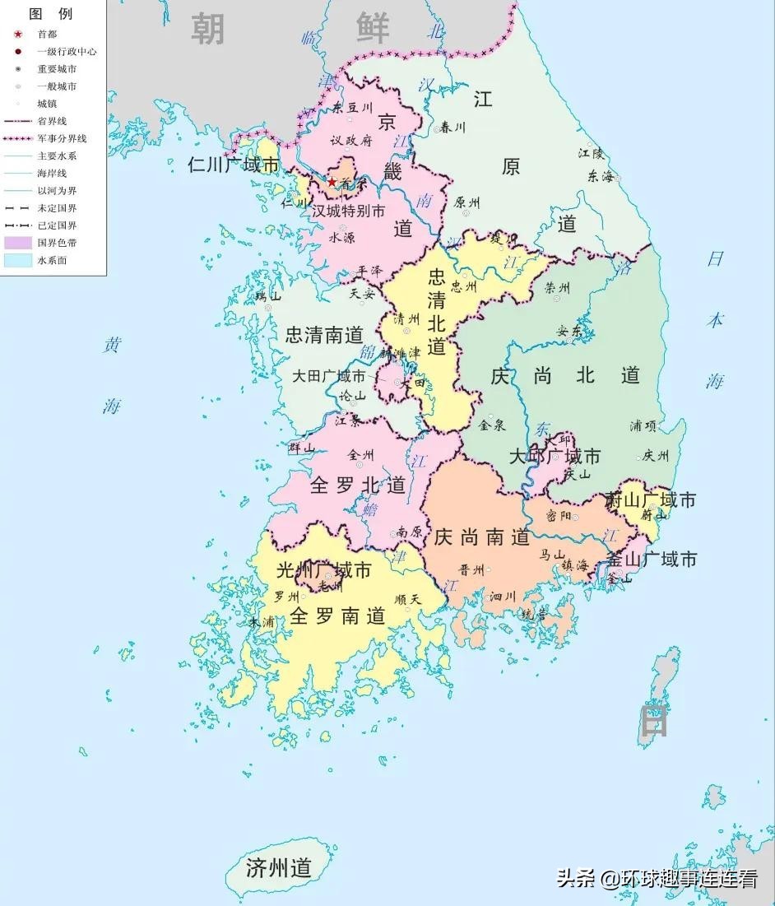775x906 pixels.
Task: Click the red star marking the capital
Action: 332,182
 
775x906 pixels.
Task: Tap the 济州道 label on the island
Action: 279,867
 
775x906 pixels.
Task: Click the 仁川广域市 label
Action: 234,165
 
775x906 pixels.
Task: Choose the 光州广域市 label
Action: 323,569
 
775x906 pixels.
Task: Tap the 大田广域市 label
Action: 329,376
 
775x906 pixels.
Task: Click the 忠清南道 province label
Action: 324,335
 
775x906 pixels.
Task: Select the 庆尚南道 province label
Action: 482,537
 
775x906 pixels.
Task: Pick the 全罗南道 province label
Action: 338,616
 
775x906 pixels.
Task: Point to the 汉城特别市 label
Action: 348,211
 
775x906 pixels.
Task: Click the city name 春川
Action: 452,127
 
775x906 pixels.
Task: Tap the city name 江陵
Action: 591,153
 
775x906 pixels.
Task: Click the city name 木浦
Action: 262,623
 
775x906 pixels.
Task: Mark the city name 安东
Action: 569,332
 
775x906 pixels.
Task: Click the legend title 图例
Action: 50,14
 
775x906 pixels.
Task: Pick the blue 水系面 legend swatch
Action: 17,260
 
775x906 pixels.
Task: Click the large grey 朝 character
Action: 208,29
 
